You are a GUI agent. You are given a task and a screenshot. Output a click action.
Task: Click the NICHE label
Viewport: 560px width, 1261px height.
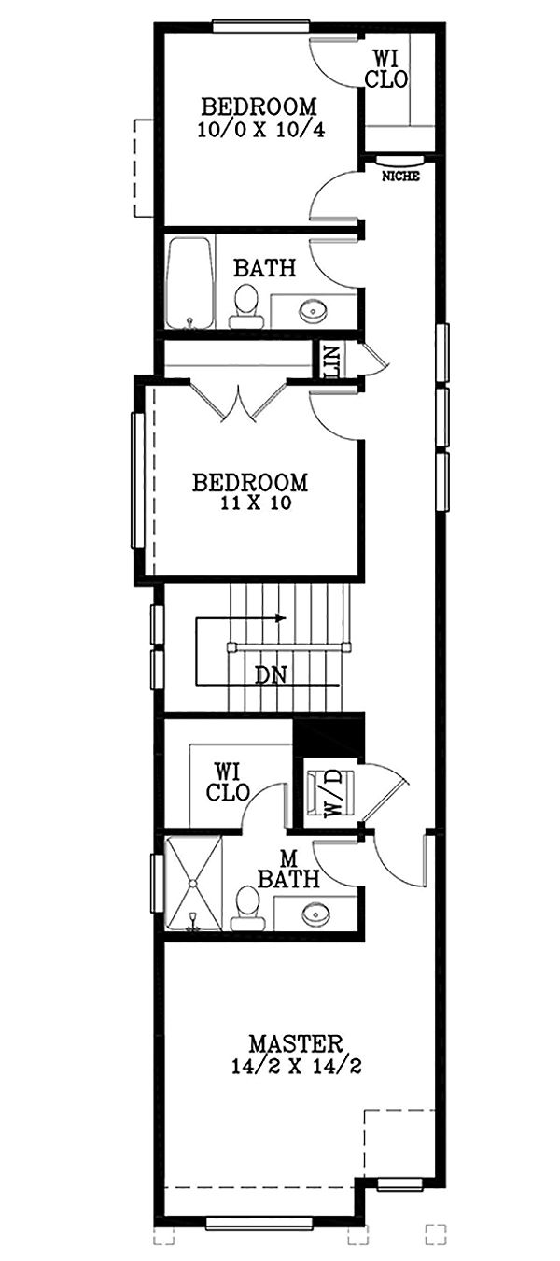(x=400, y=176)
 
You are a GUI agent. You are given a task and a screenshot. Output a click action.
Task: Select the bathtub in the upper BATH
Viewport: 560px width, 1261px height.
(x=189, y=282)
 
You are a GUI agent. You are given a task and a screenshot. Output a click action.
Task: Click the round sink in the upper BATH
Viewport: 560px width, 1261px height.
(x=311, y=309)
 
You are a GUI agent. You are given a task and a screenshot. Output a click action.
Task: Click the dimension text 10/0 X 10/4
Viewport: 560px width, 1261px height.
(x=260, y=130)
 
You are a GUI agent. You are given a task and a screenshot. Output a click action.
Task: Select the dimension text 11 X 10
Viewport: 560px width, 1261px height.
(x=249, y=503)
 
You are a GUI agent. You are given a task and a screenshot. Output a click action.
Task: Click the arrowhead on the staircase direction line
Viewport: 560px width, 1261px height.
(x=281, y=617)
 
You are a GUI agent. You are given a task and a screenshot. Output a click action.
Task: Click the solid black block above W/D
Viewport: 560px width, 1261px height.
(x=328, y=735)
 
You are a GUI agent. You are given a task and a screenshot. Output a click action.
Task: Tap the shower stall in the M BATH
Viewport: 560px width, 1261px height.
(x=193, y=883)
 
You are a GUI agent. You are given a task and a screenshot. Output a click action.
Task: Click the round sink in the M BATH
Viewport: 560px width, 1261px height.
(x=315, y=912)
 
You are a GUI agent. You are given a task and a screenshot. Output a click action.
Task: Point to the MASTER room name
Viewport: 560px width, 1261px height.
(x=296, y=1042)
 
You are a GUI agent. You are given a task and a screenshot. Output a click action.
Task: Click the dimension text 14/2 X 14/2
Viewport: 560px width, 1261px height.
(x=296, y=1066)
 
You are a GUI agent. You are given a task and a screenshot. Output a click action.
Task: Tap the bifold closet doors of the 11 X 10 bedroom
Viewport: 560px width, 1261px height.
(x=239, y=403)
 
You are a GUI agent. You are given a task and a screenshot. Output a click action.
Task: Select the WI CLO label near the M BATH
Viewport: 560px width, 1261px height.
(x=229, y=783)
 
